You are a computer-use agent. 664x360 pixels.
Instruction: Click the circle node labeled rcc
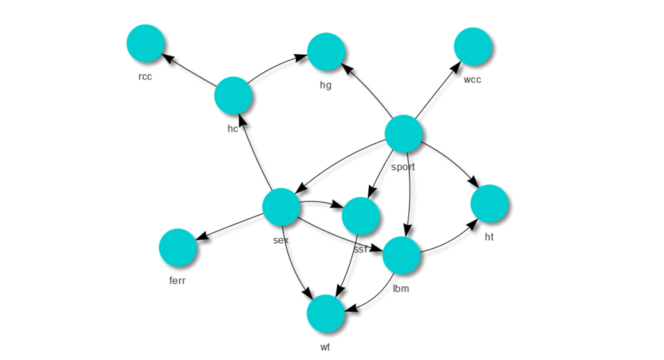coord(145,43)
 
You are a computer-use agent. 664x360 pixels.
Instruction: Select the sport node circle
coord(404,133)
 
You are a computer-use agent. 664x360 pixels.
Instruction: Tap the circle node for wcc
coord(472,46)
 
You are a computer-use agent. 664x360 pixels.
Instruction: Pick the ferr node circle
coord(177,247)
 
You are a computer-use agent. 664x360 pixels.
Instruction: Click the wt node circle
coord(325,313)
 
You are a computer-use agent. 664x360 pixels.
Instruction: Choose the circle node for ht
coord(489,204)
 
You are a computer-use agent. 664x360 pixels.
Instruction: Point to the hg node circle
coord(326,51)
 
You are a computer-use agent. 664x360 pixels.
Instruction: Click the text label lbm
coord(401,289)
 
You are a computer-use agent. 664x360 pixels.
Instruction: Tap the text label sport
coord(403,167)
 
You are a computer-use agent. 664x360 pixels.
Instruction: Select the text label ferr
coord(177,280)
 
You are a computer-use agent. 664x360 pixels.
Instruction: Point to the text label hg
coord(326,85)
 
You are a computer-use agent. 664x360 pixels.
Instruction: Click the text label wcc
coord(472,80)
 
